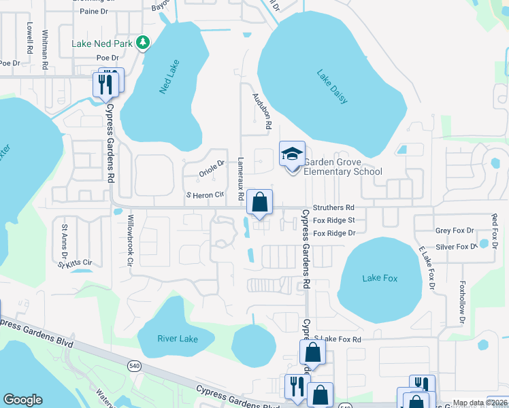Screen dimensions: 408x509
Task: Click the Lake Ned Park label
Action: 102,44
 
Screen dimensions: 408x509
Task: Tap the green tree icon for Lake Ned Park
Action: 142,43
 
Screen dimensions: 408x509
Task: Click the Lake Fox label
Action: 380,277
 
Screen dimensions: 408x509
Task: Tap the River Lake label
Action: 177,339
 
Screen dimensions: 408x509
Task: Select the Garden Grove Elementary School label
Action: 343,167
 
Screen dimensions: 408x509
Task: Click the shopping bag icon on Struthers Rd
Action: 259,202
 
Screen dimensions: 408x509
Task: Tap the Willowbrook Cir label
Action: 126,241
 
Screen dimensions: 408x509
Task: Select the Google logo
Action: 22,400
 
